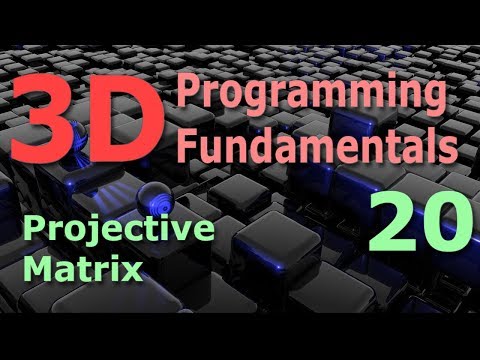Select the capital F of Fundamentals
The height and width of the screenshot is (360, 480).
click(x=190, y=147)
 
